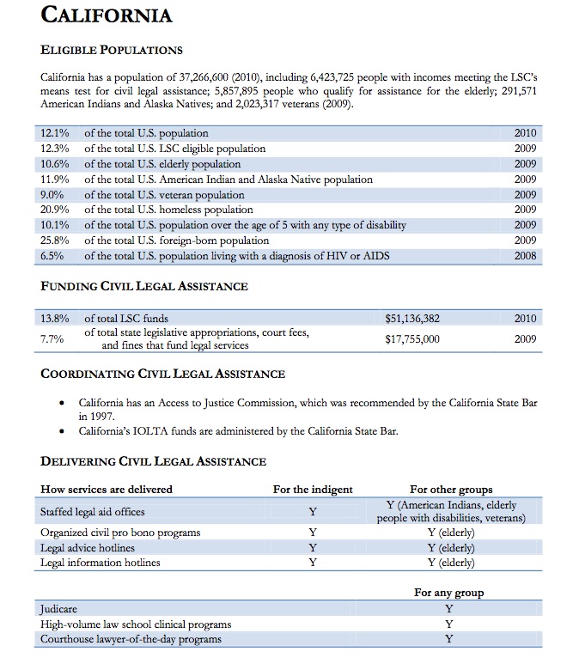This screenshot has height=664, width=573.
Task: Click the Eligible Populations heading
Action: pyautogui.click(x=112, y=50)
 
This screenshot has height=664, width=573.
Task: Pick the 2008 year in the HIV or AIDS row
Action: pyautogui.click(x=525, y=256)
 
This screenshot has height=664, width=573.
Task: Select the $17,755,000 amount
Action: pyautogui.click(x=412, y=339)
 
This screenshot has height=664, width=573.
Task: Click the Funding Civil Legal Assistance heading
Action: pyautogui.click(x=144, y=286)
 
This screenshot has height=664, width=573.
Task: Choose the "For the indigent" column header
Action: pyautogui.click(x=313, y=490)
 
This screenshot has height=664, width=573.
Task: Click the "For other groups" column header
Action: pyautogui.click(x=451, y=490)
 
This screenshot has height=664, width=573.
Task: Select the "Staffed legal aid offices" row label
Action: pyautogui.click(x=93, y=512)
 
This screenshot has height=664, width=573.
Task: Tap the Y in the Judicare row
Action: pyautogui.click(x=448, y=609)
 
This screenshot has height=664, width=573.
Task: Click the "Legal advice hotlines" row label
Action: pyautogui.click(x=88, y=548)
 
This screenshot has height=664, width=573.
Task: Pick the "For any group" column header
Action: pyautogui.click(x=448, y=593)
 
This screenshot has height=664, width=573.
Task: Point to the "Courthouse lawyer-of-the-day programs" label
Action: pyautogui.click(x=131, y=639)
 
